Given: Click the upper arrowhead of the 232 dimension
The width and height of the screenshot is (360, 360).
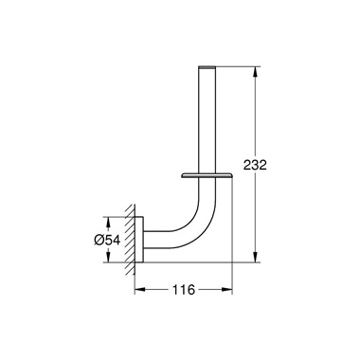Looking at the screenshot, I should [x=255, y=70].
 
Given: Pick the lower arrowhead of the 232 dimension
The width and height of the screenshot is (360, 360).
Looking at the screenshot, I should [x=255, y=257].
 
